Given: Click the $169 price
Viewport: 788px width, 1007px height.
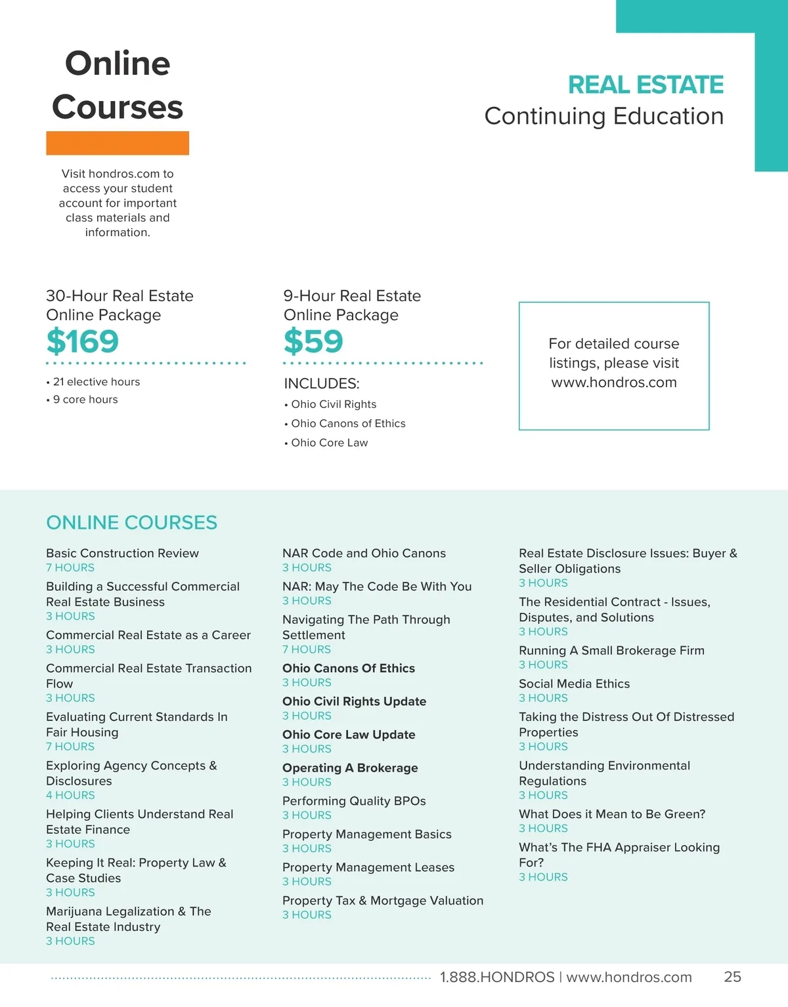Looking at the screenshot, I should (82, 341).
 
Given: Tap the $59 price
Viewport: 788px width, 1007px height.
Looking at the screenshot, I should (313, 341).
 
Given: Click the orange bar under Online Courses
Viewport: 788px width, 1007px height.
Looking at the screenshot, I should (118, 143).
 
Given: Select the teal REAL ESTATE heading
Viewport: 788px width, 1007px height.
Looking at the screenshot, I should (646, 85).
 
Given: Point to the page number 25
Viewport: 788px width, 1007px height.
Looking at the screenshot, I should (732, 977).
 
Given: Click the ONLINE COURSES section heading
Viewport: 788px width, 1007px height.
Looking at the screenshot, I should (131, 522).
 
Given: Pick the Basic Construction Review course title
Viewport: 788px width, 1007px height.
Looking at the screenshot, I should (122, 553).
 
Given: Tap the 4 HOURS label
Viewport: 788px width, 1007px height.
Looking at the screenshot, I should (70, 795).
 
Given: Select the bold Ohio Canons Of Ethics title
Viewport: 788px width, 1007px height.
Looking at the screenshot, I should (349, 668).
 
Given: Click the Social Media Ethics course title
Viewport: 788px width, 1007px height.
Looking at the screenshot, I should (574, 684).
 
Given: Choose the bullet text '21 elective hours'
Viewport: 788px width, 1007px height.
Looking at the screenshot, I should (96, 382).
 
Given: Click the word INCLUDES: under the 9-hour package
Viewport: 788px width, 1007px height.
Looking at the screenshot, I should (321, 384).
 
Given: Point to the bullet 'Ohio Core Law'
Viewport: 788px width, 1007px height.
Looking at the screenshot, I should (329, 443).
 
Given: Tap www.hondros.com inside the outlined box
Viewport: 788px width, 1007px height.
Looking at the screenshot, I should (614, 382).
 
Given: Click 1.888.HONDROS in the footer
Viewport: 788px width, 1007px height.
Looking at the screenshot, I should (497, 977).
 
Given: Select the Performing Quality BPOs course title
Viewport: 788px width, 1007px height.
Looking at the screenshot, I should (354, 801).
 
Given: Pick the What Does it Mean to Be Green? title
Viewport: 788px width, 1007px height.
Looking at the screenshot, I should (612, 814).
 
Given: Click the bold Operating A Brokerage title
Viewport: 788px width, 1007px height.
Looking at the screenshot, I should (350, 768).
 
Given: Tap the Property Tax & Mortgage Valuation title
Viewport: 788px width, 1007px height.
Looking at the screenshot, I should (383, 901).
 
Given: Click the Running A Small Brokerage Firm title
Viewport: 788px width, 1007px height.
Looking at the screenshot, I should (611, 650).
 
